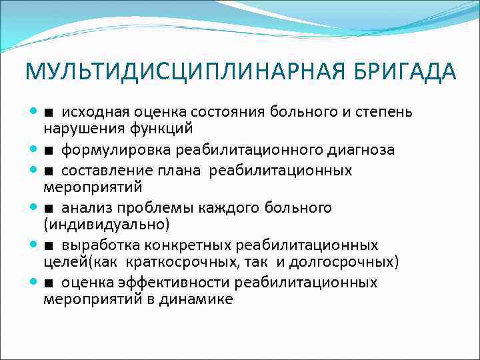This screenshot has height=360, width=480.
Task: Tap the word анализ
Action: point(84,208)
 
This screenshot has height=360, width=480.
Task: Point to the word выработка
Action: point(95,245)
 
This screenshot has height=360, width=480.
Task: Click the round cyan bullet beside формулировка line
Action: point(33,150)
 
